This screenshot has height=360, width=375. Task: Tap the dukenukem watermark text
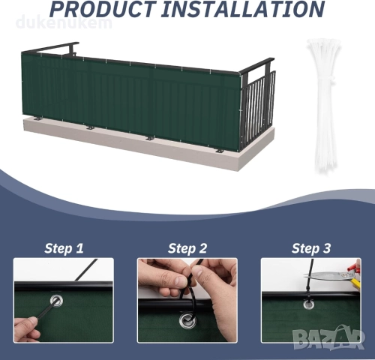coord(64,22)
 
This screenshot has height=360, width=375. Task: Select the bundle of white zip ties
coord(322,105)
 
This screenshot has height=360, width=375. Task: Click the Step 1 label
coord(64,248)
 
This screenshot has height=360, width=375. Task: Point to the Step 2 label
coord(187,248)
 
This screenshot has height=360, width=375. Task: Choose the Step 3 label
coord(311,248)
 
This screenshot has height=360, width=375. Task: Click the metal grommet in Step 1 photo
coord(56,300)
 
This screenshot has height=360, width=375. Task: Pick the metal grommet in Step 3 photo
coord(308,304)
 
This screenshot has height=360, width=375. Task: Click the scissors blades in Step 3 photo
coord(325,275)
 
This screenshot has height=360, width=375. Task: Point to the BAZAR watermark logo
coord(328,337)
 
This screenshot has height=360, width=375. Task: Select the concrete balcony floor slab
coord(150,144)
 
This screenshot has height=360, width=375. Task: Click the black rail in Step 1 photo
coord(64,286)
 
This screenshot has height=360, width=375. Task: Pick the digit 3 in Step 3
coord(326,248)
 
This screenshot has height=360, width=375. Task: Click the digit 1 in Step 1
coord(79,248)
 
